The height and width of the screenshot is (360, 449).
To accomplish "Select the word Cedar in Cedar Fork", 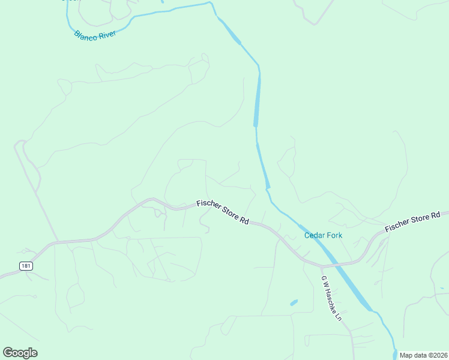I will coord(315,235).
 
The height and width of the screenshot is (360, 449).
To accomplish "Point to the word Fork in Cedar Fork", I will coord(334,235).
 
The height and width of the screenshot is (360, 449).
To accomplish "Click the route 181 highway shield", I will coord(25,266).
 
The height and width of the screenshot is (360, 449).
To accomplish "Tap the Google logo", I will coord(20,353).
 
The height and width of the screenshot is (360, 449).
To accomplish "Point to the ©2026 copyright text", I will coord(435,355).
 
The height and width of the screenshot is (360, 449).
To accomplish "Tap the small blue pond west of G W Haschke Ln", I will coord(294,303).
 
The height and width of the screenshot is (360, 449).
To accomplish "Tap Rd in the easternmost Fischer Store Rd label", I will coord(436,214).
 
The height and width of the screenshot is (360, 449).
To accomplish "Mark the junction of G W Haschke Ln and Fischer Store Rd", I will coord(319,265).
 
